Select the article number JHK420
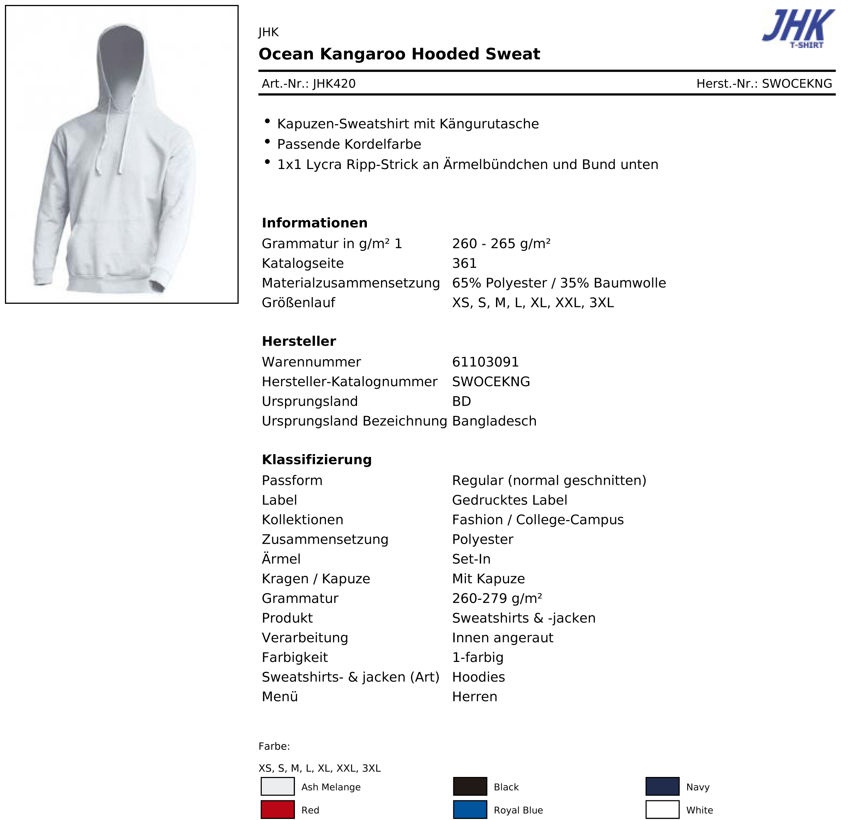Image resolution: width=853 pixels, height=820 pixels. [x=334, y=84]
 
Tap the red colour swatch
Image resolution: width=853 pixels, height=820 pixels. [x=278, y=810]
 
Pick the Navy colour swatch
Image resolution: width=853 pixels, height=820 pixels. [x=663, y=786]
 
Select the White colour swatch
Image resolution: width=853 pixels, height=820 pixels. [x=663, y=810]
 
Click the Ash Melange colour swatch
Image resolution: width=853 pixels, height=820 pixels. [x=278, y=786]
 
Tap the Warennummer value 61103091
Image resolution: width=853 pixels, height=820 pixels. [x=485, y=362]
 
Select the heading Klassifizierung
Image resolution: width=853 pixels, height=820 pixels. [x=317, y=460]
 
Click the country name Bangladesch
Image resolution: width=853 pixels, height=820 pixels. [x=494, y=421]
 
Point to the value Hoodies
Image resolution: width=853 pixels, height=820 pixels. [x=478, y=677]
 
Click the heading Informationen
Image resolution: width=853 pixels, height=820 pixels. [x=315, y=223]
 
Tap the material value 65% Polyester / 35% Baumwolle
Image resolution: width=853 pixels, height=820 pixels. [x=559, y=283]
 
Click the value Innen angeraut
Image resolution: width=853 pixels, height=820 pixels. [x=503, y=638]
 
